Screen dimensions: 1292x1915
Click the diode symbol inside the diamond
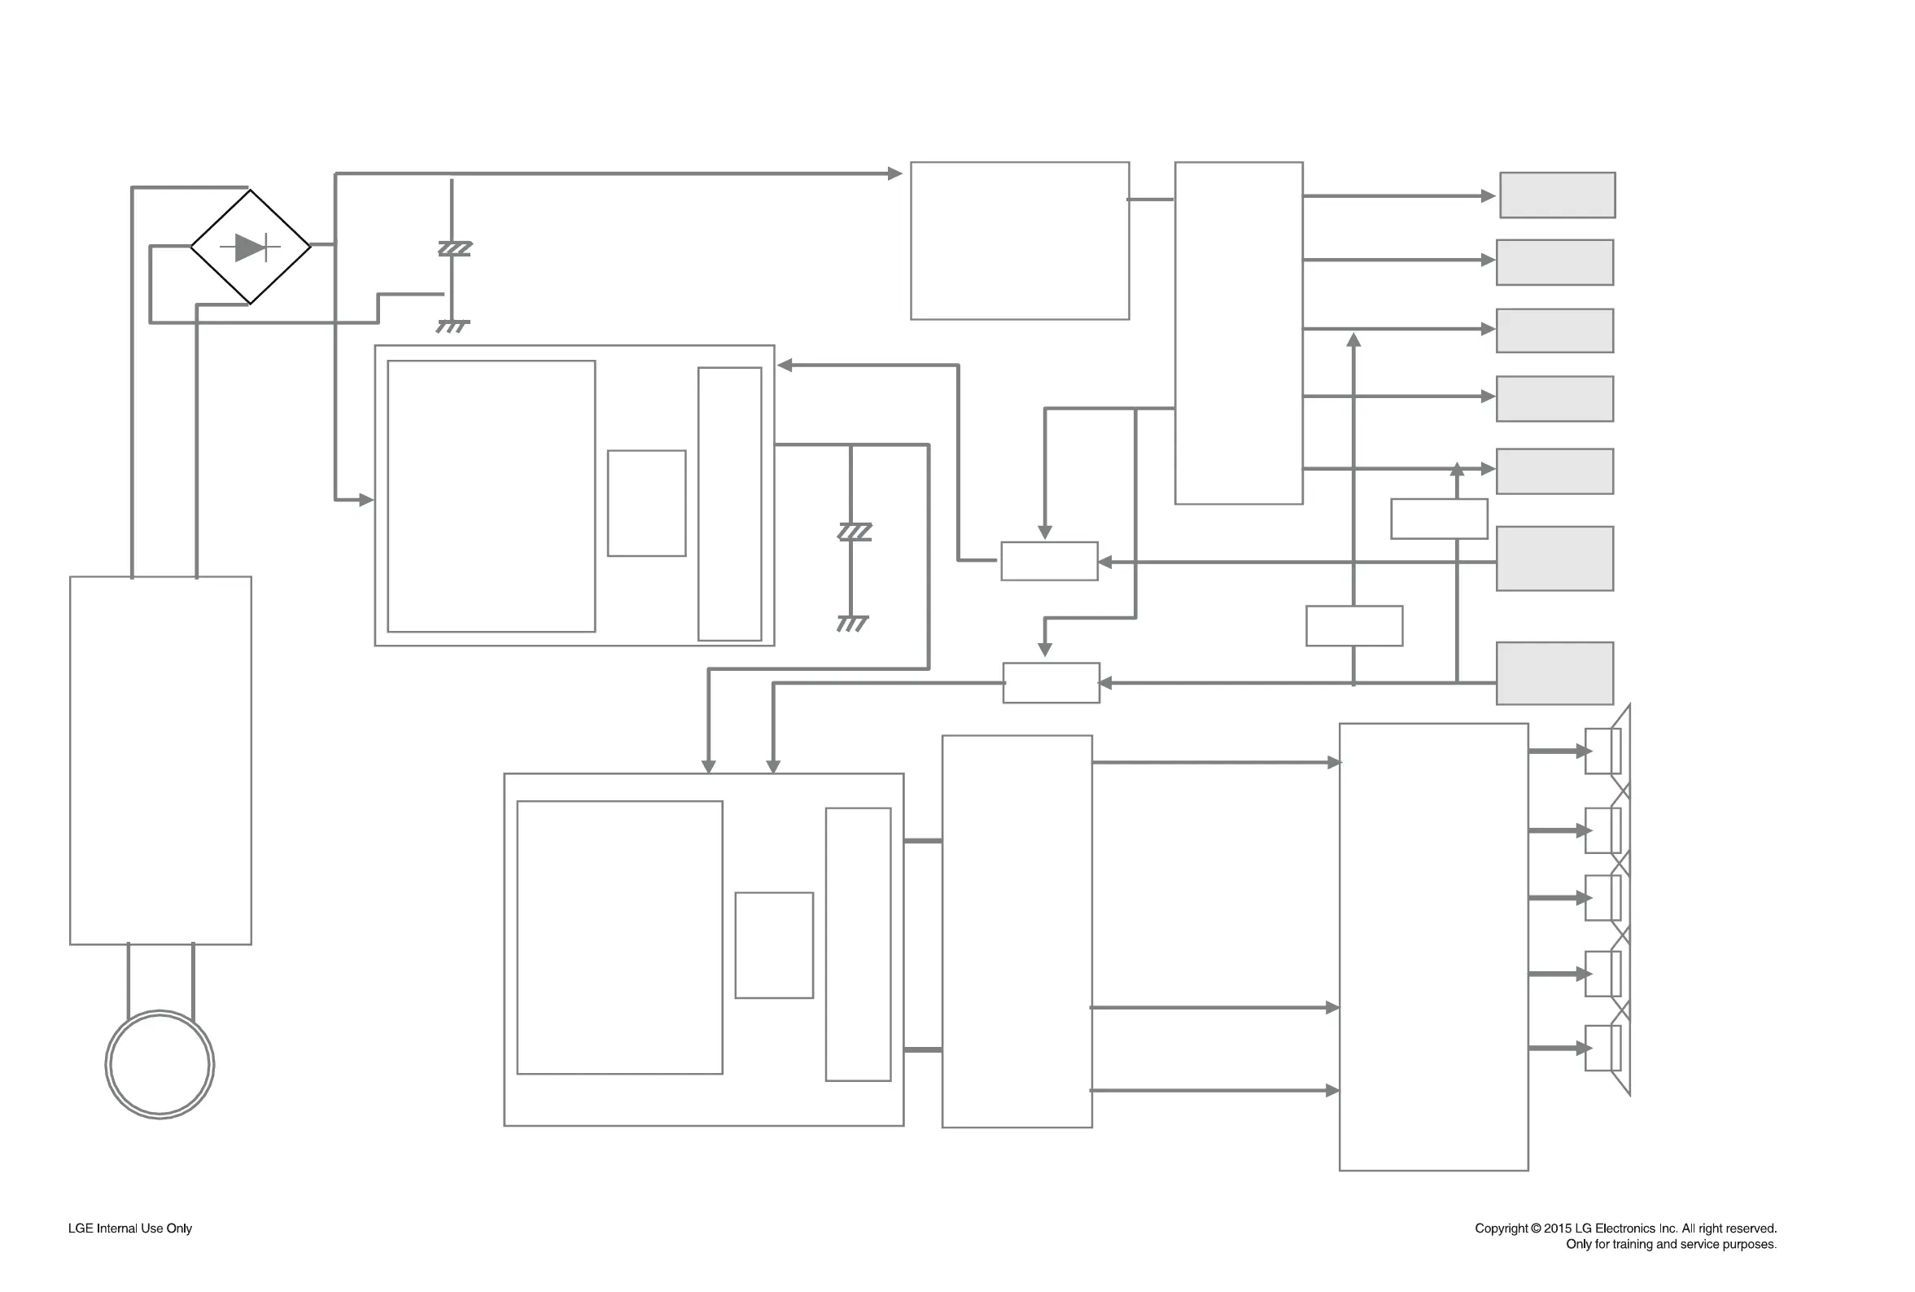click(x=251, y=247)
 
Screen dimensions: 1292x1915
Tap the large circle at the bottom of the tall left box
click(x=160, y=1064)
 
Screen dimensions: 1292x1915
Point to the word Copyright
click(x=1501, y=1228)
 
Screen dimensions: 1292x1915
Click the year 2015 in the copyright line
click(x=1558, y=1228)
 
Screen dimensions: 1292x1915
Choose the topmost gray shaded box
click(x=1557, y=195)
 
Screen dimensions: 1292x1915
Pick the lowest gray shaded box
click(x=1554, y=673)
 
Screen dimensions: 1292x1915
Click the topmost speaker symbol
click(x=1603, y=751)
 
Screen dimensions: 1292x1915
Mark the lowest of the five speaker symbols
click(x=1603, y=1048)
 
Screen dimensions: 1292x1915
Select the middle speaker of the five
click(x=1603, y=897)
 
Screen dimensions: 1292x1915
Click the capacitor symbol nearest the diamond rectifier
click(x=454, y=248)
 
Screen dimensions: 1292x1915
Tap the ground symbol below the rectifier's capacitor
click(x=453, y=326)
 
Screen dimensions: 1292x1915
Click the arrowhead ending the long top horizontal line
click(x=894, y=174)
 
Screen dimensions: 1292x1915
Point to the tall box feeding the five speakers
click(x=1433, y=947)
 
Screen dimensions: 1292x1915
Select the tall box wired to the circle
click(x=160, y=760)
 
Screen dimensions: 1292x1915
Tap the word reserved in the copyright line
click(x=1751, y=1228)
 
